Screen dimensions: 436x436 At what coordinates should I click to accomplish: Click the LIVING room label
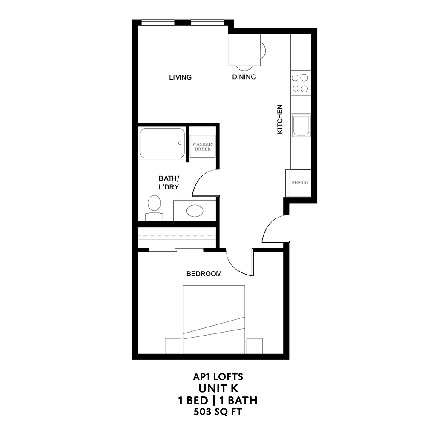[180, 77]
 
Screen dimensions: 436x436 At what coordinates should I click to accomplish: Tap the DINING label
[244, 77]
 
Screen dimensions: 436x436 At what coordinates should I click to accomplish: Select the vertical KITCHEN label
[280, 120]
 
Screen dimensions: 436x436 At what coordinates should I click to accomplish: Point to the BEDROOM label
[204, 274]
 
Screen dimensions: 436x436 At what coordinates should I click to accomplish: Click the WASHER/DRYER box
[202, 146]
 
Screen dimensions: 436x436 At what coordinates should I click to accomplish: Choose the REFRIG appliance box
[299, 183]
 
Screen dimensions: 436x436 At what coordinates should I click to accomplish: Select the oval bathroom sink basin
[195, 211]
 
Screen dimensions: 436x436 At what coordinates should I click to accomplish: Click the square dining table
[244, 50]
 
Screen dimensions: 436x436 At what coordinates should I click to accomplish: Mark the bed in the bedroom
[214, 319]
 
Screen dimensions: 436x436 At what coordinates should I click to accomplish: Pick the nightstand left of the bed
[173, 346]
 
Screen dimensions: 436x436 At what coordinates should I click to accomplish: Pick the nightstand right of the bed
[254, 346]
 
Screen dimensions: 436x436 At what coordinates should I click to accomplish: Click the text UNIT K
[218, 388]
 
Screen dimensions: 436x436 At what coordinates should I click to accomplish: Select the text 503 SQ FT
[218, 412]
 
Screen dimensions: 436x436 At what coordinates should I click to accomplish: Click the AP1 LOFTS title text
[218, 377]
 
